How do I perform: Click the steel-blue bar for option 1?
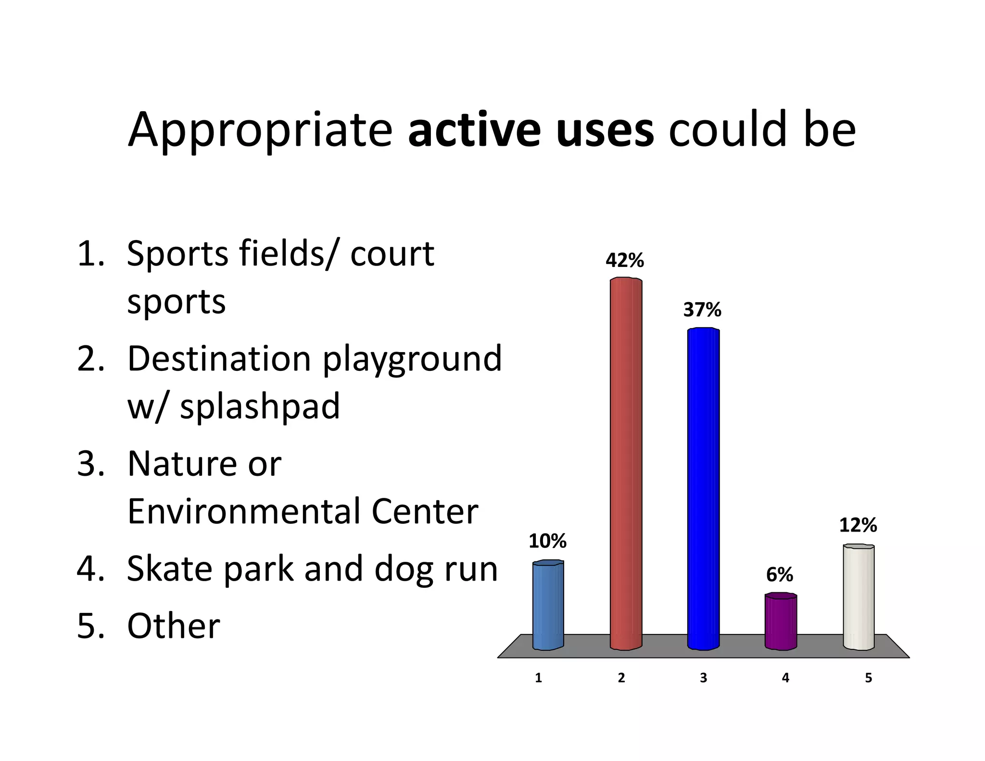tap(548, 605)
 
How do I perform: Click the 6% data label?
tap(779, 574)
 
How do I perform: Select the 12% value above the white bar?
tap(858, 525)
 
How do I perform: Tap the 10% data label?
tap(547, 541)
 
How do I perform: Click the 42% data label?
tap(624, 261)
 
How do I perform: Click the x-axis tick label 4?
tap(785, 678)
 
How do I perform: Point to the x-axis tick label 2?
tap(621, 678)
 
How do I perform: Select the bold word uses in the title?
tap(605, 131)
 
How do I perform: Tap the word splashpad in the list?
tap(260, 406)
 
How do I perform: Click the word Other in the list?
tap(173, 626)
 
